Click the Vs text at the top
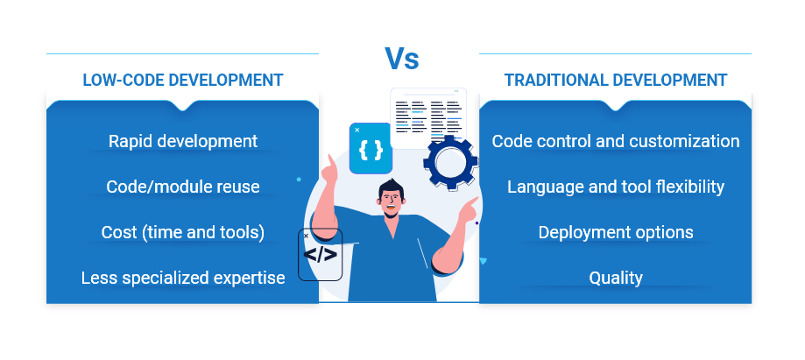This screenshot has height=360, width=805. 402,59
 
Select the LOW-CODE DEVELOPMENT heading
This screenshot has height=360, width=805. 183,80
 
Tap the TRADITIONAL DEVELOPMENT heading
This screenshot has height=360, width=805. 616,80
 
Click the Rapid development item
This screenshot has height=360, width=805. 183,141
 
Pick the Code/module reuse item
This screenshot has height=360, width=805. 183,187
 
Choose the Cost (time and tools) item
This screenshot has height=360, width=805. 183,232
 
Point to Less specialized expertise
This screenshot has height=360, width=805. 183,278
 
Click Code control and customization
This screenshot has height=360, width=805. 616,141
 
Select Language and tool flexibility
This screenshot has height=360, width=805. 616,187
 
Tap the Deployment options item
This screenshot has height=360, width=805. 616,232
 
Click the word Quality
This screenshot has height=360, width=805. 616,278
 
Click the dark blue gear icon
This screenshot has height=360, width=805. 450,162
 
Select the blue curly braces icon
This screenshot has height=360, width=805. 371,148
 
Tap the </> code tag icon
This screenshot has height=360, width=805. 320,255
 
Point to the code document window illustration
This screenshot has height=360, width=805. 428,118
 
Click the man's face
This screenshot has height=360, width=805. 392,202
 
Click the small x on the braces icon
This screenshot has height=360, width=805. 357,130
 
